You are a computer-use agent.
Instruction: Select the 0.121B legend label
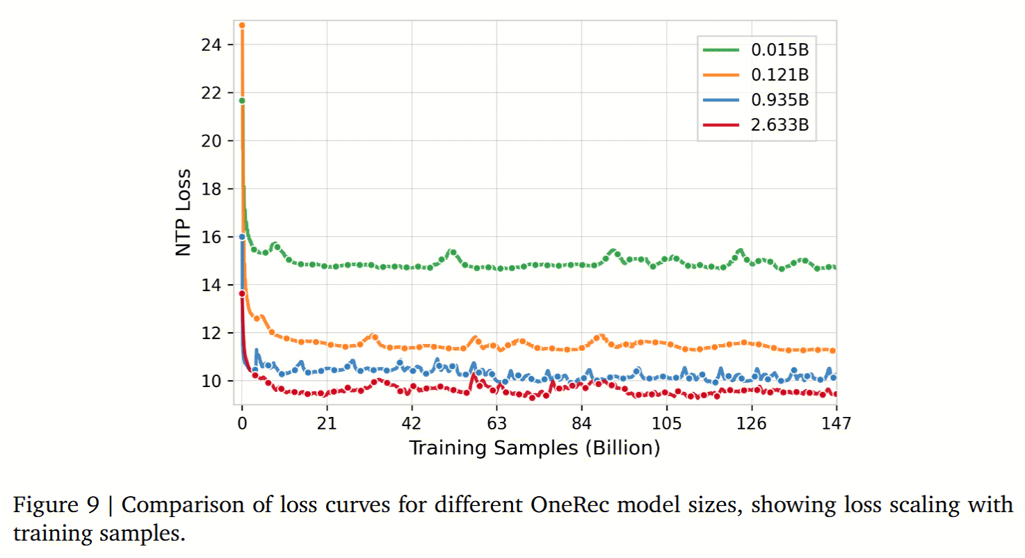click(780, 74)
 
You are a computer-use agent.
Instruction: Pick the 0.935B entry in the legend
click(780, 99)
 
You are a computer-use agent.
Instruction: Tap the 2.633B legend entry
click(780, 124)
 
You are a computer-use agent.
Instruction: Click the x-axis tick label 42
click(412, 423)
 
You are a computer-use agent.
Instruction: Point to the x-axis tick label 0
click(242, 423)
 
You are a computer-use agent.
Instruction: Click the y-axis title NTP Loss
click(184, 213)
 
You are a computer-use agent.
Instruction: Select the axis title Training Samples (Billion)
click(534, 448)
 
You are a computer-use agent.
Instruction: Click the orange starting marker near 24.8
click(242, 25)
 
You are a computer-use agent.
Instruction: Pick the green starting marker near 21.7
click(242, 100)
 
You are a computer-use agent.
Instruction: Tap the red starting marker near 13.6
click(242, 293)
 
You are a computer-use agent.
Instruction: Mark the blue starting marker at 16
click(242, 236)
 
